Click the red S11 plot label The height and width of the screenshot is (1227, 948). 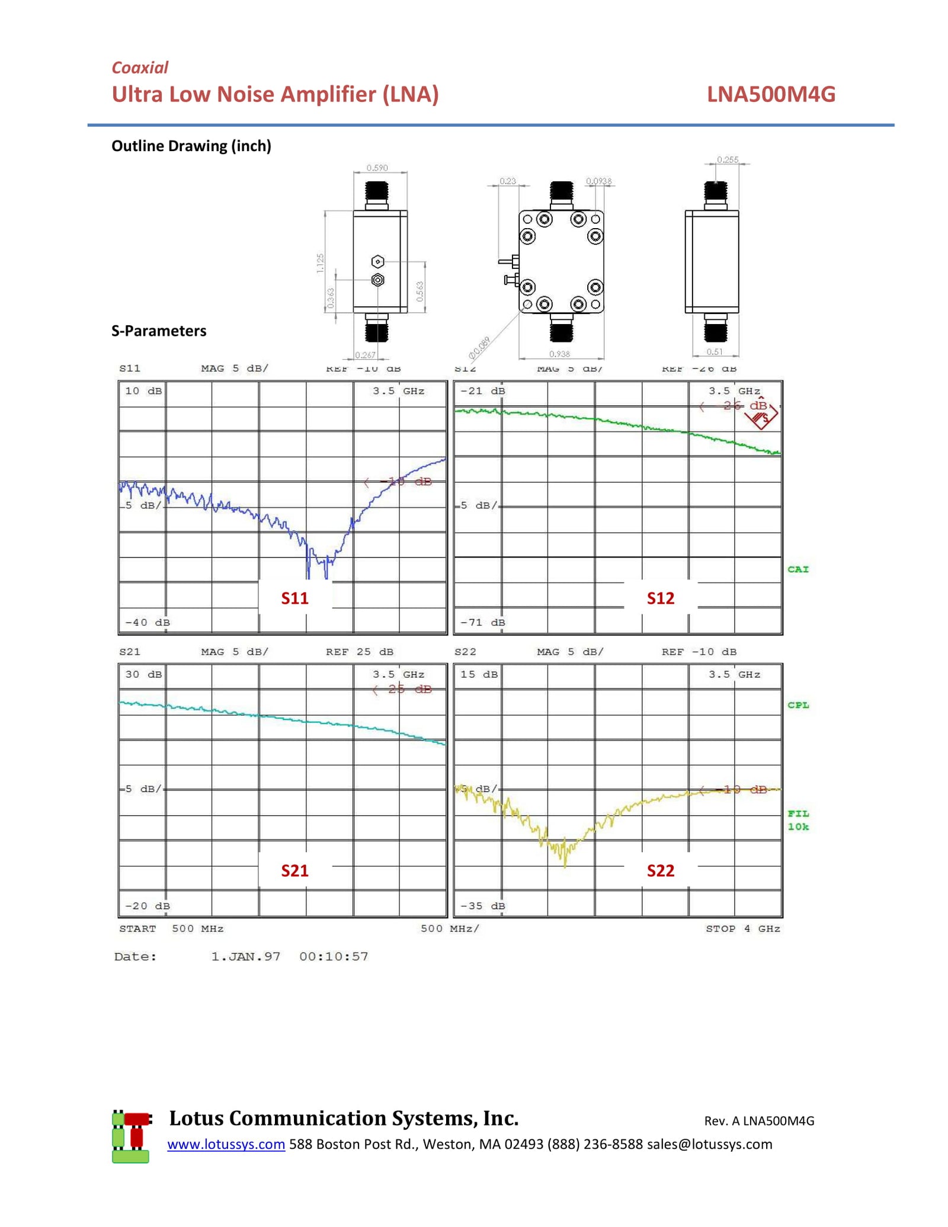tap(294, 598)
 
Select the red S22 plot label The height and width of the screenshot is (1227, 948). tap(660, 870)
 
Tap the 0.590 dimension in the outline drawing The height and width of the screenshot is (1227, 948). tap(377, 168)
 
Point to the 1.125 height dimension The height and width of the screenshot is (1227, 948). tap(321, 262)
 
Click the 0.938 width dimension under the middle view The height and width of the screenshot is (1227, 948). tap(559, 354)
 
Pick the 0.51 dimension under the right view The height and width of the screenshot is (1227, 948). tap(715, 351)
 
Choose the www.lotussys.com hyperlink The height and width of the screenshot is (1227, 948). tap(226, 1144)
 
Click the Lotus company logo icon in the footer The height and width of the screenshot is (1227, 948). tap(131, 1137)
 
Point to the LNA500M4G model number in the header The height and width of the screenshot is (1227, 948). tap(770, 94)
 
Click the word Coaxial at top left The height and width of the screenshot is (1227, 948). tap(140, 68)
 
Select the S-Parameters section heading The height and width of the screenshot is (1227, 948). tap(159, 331)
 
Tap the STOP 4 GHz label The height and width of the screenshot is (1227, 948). tap(742, 928)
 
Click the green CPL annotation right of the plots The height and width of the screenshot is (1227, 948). tap(798, 705)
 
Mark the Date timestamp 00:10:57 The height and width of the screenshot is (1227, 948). tap(334, 956)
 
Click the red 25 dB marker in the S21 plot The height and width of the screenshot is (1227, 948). tap(409, 689)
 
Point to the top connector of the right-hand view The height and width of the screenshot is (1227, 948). tap(715, 194)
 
